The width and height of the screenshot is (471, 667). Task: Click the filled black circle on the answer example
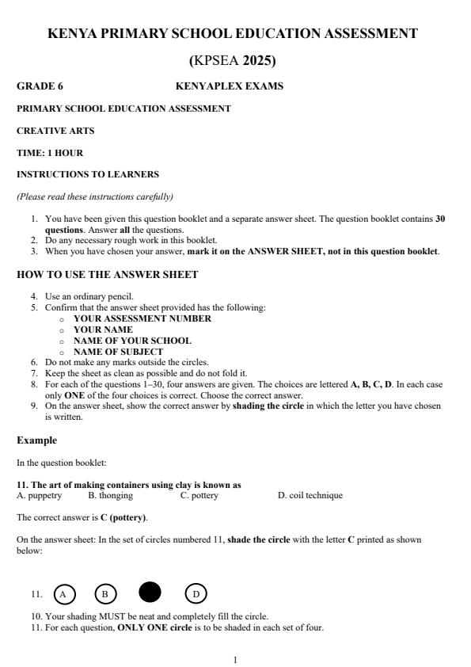pos(150,593)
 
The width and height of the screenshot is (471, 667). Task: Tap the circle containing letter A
pos(65,593)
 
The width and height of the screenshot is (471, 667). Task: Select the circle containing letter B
pos(105,593)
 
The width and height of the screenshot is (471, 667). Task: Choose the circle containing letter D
pos(196,593)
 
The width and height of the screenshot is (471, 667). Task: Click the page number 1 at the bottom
pos(235,659)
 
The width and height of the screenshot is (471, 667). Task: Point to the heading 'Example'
pos(34,440)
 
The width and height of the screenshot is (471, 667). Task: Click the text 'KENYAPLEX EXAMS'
pos(229,86)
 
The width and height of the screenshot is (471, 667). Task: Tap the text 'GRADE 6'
pos(34,86)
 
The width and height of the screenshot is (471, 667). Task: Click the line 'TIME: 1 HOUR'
pos(49,153)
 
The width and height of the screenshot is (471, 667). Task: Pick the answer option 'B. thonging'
pos(110,496)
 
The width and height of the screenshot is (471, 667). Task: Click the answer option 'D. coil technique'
pos(310,496)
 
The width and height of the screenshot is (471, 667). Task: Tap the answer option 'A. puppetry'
pos(40,496)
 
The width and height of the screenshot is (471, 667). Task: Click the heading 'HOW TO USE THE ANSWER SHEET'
pos(107,276)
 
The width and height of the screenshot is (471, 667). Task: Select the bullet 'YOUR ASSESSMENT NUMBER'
pos(142,318)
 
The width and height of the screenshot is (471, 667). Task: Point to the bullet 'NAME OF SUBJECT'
pos(119,352)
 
